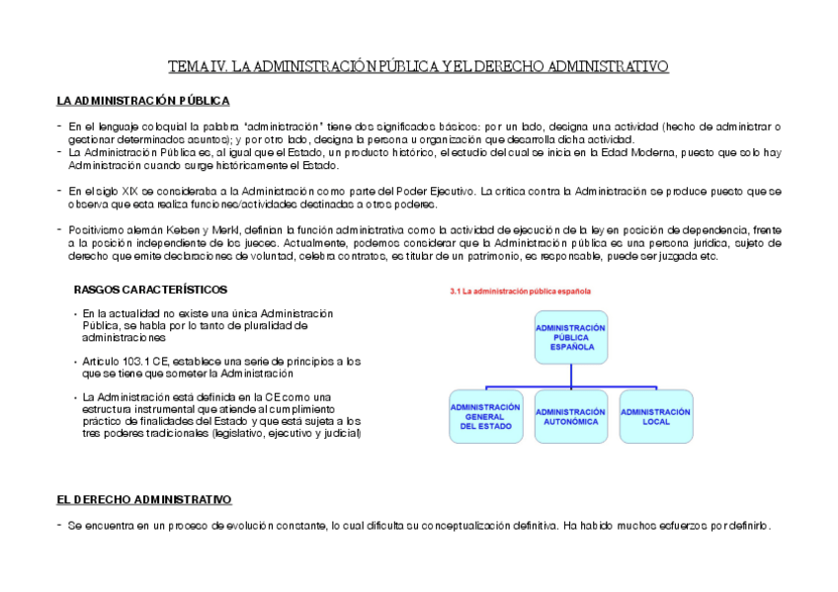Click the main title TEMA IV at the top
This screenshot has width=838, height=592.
[418, 66]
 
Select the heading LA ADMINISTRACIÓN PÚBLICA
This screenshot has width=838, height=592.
[143, 101]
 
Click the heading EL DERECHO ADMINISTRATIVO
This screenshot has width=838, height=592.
[143, 500]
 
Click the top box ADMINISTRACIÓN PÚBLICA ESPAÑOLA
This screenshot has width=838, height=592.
[570, 337]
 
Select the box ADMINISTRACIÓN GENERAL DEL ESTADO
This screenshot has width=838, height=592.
[485, 416]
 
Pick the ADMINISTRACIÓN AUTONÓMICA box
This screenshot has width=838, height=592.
[570, 416]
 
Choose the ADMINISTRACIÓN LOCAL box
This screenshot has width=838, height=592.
[655, 416]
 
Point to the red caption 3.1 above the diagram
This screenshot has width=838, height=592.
[520, 293]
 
